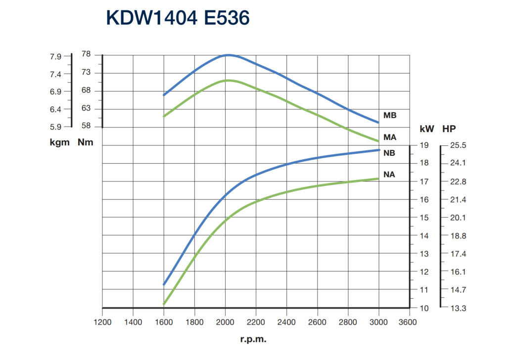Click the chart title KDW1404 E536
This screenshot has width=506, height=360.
tap(178, 18)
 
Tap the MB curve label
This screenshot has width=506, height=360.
tap(390, 115)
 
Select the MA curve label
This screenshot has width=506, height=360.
tap(390, 137)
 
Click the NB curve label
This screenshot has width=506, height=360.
tap(389, 153)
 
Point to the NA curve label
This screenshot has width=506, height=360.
tap(389, 175)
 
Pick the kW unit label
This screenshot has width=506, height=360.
tap(426, 129)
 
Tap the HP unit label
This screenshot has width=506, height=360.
tap(449, 129)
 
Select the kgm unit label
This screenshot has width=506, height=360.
tap(60, 143)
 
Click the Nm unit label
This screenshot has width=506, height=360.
tap(86, 143)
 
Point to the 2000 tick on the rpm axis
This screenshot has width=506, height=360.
tap(225, 322)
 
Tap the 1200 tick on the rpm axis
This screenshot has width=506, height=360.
tap(102, 322)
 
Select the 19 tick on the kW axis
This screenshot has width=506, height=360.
tap(424, 146)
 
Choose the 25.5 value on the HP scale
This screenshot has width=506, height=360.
tap(458, 146)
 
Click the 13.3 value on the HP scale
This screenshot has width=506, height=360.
tap(458, 308)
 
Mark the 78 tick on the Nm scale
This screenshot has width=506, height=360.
tap(86, 54)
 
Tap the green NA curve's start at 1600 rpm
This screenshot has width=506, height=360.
tap(164, 304)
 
